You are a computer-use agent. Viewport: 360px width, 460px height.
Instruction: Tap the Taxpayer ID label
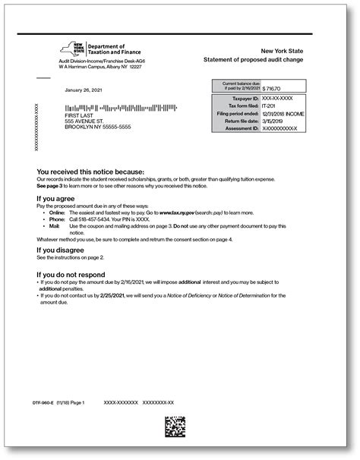click(x=245, y=99)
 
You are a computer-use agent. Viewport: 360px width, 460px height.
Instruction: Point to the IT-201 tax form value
click(x=270, y=106)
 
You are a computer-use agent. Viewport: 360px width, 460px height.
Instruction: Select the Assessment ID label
click(x=242, y=129)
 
